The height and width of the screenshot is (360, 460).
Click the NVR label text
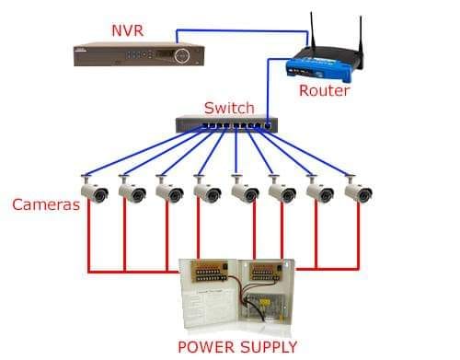pyautogui.click(x=127, y=30)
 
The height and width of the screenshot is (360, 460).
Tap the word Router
pyautogui.click(x=324, y=90)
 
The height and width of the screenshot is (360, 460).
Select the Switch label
pyautogui.click(x=229, y=108)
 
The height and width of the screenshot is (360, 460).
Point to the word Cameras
pyautogui.click(x=46, y=204)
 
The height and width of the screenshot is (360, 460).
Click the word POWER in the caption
pyautogui.click(x=206, y=347)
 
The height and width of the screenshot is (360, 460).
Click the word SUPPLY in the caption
pyautogui.click(x=269, y=347)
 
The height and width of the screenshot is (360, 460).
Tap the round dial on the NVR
pyautogui.click(x=182, y=55)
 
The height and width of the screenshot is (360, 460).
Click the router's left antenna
pyautogui.click(x=313, y=30)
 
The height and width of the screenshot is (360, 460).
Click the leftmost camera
pyautogui.click(x=94, y=190)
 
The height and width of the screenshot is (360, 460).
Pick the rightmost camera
pyautogui.click(x=358, y=190)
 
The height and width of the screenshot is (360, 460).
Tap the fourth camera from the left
pyautogui.click(x=207, y=190)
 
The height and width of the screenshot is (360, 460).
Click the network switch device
pyautogui.click(x=226, y=124)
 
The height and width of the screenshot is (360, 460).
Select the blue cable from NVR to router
pyautogui.click(x=242, y=30)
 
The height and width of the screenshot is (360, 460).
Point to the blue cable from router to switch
pyautogui.click(x=268, y=89)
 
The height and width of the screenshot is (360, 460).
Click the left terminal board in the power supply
pyautogui.click(x=210, y=271)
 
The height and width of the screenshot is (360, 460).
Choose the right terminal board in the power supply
pyautogui.click(x=266, y=271)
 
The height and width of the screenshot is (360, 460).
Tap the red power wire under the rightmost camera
pyautogui.click(x=358, y=236)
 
